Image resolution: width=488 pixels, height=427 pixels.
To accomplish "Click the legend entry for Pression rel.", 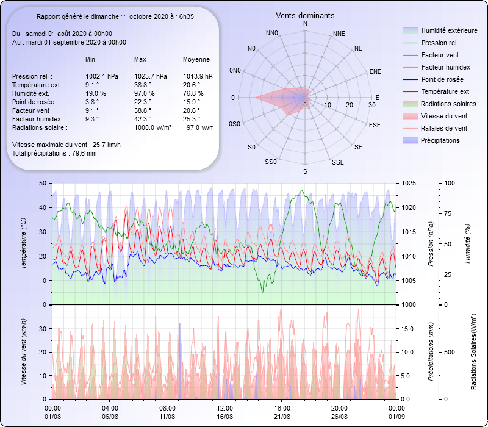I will pyautogui.click(x=439, y=43).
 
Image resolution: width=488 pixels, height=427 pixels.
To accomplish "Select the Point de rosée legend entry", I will pyautogui.click(x=442, y=79).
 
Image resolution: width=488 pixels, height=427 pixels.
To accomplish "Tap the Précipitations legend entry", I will pyautogui.click(x=440, y=140).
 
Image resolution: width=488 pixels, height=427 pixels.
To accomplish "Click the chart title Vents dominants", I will pyautogui.click(x=305, y=15).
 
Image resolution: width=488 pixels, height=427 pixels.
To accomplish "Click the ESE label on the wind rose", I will pyautogui.click(x=375, y=124).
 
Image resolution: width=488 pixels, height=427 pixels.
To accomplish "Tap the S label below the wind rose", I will pyautogui.click(x=305, y=171).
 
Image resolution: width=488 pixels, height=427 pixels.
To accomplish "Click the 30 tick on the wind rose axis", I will pyautogui.click(x=371, y=105).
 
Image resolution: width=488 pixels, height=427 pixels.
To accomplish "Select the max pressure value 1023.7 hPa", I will pyautogui.click(x=151, y=76).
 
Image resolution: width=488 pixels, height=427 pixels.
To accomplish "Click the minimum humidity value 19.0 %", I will pyautogui.click(x=96, y=93).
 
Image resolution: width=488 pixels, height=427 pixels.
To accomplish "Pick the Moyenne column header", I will pyautogui.click(x=196, y=59).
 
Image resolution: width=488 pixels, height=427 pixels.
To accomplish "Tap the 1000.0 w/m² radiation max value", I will pyautogui.click(x=152, y=127).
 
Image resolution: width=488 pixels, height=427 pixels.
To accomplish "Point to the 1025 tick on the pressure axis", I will pyautogui.click(x=408, y=183).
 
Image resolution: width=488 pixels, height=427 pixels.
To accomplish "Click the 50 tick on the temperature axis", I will pyautogui.click(x=42, y=183).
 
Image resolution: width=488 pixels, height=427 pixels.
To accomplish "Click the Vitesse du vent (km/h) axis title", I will pyautogui.click(x=23, y=351).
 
